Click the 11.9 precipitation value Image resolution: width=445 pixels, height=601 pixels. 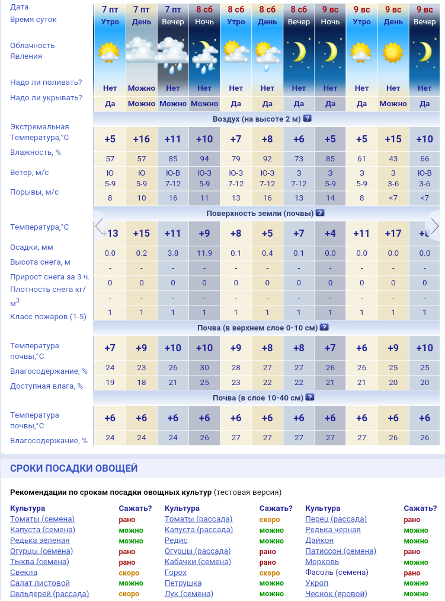point(204,253)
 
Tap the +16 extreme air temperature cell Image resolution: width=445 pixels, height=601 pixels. point(142,139)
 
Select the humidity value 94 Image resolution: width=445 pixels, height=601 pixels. point(204,159)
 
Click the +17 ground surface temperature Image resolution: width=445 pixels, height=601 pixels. point(393,233)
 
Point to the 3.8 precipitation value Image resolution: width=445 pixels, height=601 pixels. point(173,253)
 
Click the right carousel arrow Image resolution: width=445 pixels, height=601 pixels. point(435,226)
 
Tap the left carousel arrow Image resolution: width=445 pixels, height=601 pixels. point(99,226)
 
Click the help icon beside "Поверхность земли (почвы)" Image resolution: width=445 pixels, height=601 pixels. point(320,213)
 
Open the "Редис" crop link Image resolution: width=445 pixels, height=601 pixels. point(176,540)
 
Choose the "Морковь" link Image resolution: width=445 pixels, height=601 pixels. point(322,562)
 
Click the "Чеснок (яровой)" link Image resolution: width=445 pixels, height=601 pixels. point(336,594)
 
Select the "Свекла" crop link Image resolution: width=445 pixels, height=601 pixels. point(24,573)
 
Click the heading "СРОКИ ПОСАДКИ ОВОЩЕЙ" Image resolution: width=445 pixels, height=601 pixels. point(73,469)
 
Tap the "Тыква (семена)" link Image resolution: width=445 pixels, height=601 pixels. point(40,562)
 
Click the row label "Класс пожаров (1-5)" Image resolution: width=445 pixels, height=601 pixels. point(48,317)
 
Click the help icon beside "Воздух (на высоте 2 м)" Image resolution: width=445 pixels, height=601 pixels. point(307,119)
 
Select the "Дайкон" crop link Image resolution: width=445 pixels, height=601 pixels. point(319,540)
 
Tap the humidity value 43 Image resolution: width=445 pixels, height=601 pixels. point(393,159)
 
